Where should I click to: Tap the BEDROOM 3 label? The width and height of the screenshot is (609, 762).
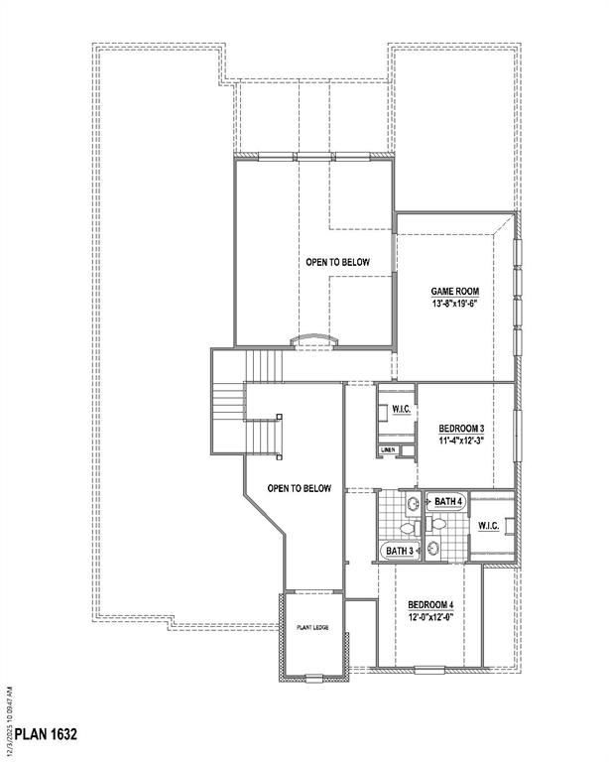point(462,428)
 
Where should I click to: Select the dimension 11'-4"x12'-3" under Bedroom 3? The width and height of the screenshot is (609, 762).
point(462,441)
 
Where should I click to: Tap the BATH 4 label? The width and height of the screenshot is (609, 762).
point(447,502)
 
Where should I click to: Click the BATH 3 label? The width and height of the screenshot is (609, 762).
point(399,551)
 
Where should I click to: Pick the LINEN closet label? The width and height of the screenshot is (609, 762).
point(388,450)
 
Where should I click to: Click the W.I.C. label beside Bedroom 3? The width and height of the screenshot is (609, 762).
point(402,409)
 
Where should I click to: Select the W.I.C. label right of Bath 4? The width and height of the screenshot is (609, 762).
point(488,525)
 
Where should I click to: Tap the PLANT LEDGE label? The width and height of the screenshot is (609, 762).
point(311,628)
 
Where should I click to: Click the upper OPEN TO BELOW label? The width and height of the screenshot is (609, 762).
point(337,262)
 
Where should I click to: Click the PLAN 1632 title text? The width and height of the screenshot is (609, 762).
point(40,735)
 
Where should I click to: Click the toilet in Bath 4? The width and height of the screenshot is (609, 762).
point(439,523)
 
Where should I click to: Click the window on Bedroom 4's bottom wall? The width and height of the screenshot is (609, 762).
point(429,667)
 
